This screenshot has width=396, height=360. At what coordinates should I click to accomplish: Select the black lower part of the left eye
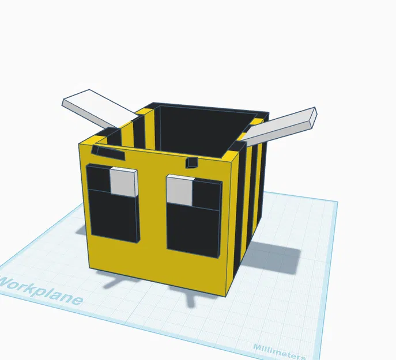tap(114, 216)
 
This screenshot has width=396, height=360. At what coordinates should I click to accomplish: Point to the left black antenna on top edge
tap(109, 153)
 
